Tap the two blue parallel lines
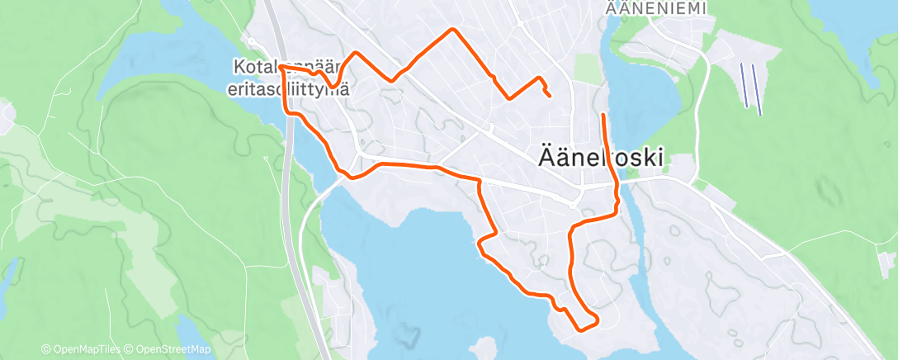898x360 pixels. (750, 87)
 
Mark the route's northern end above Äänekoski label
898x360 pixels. (604, 115)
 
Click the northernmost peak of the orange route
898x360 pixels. (451, 30)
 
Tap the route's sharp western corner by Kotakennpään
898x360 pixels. (281, 65)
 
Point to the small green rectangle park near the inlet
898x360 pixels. (586, 69)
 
